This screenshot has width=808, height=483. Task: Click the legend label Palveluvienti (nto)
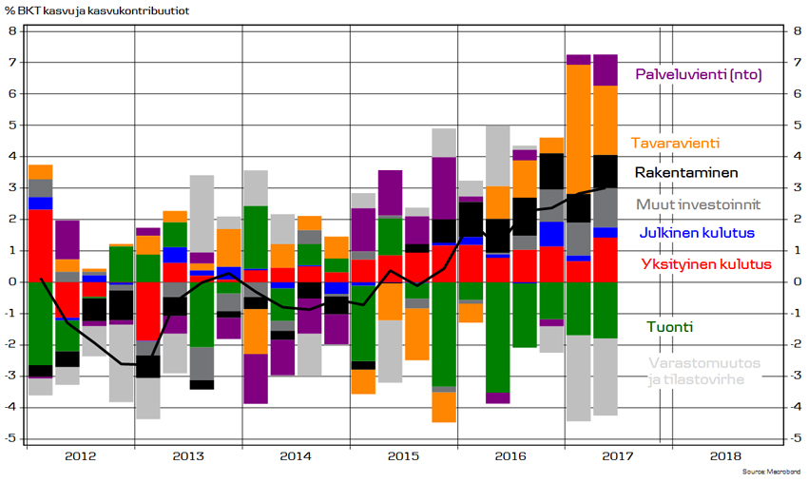pos(699,75)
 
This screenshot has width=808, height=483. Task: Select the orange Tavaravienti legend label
pos(675,143)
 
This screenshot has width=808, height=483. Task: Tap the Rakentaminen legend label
pos(686,172)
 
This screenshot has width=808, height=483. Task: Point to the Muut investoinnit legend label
pos(699,204)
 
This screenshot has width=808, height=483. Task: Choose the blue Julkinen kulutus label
pos(697,233)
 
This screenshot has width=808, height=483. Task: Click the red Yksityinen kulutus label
pos(706,264)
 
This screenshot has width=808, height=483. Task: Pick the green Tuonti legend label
pos(670,327)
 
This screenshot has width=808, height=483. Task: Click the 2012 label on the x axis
pos(81,456)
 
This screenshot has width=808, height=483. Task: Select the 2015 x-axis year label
pos(403,456)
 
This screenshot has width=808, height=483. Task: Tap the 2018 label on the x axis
pos(725,456)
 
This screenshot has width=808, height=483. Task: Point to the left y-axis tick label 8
pos(13,31)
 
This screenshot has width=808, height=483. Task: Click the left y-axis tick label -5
pos(10,438)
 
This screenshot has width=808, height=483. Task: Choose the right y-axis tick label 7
pos(797,63)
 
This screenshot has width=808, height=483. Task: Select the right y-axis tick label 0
pos(797,282)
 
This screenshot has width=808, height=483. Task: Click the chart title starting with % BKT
pos(97,10)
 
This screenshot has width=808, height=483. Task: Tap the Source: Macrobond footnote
pos(772,472)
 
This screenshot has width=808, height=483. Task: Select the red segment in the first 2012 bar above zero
pos(40,245)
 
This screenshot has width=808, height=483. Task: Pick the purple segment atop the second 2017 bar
pos(606,70)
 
